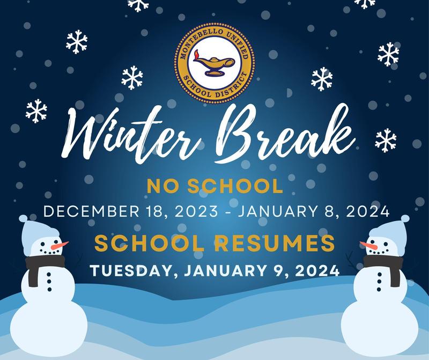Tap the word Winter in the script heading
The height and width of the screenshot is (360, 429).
coord(131,134)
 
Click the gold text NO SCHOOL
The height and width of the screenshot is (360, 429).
coord(215,186)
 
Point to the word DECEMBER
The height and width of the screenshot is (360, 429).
coord(91,211)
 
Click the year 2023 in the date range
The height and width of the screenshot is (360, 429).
coord(196,211)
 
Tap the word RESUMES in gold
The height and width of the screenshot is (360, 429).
coord(275,243)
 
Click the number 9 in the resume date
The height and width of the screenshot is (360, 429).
coord(278,270)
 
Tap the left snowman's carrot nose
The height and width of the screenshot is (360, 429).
coord(60,245)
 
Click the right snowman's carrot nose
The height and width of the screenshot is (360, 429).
coord(368,246)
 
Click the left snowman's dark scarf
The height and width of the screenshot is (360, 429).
coord(44,267)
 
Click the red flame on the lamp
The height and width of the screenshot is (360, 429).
coord(196,55)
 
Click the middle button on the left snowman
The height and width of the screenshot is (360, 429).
coord(49,282)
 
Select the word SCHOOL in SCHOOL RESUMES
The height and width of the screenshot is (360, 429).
coord(150,243)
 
